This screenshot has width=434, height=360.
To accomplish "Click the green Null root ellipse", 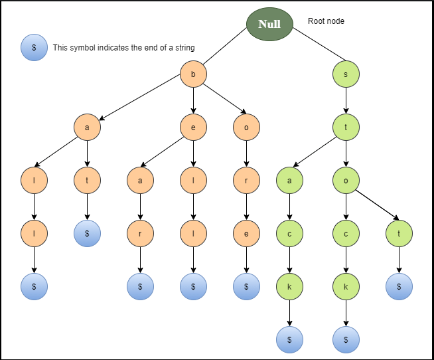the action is point(269,24).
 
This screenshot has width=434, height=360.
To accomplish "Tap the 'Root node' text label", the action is point(326,21).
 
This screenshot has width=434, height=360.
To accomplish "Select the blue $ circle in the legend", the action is point(34,47).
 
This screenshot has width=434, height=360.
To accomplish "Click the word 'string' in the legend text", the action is point(185,48).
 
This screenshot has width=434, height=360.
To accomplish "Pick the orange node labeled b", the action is point(193,74).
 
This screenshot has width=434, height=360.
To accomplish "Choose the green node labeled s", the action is point(346,74).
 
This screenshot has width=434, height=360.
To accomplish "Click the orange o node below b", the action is point(246,128).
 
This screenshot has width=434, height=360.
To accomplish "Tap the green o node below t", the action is point(346,181).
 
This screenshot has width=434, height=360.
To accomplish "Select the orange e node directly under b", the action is point(193,128).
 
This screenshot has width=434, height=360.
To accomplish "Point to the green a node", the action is point(289,181).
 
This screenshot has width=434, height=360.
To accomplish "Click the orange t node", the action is point(87,181).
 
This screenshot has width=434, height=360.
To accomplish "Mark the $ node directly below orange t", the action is point(87,233).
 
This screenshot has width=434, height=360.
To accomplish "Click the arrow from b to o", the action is point(224,98).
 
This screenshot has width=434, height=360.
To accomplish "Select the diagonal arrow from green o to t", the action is point(377,205).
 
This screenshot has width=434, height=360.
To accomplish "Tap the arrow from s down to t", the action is point(346,100).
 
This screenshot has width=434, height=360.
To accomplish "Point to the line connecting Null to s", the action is point(319,45).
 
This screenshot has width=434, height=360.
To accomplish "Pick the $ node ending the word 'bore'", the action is point(246,286).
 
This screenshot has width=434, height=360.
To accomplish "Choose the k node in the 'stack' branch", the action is point(289,286).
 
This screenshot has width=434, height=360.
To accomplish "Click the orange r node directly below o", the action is point(246,181).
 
